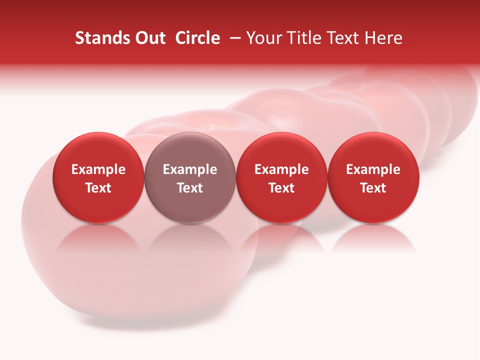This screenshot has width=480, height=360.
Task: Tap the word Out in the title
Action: click(148, 38)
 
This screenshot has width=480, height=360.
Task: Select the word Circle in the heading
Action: click(197, 38)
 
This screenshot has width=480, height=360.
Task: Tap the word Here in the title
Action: click(383, 38)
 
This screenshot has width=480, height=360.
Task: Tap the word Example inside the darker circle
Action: click(190, 169)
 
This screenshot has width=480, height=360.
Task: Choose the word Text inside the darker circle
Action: click(190, 188)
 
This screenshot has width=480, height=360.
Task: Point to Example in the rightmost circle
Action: click(373, 169)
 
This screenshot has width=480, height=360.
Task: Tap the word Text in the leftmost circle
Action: click(98, 188)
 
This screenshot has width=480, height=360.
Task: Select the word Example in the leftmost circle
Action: click(98, 169)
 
